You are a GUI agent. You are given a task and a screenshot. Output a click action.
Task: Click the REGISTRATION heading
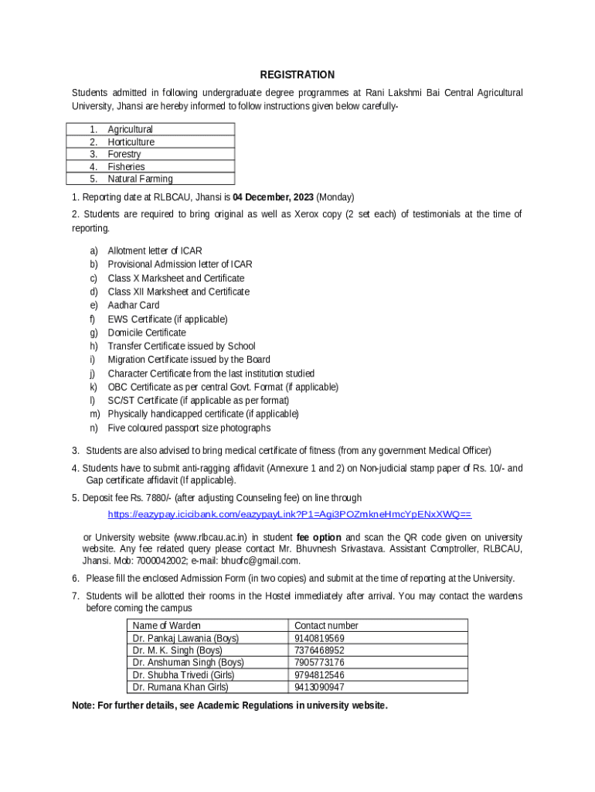pyautogui.click(x=297, y=75)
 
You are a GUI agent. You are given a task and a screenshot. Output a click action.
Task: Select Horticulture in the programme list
pyautogui.click(x=131, y=142)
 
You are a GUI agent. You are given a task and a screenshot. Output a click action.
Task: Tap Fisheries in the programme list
pyautogui.click(x=126, y=167)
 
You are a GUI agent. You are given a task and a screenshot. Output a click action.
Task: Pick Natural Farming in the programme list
pyautogui.click(x=140, y=179)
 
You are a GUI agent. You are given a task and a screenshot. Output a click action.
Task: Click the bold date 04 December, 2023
pyautogui.click(x=273, y=197)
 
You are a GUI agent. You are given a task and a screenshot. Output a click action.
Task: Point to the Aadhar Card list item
pyautogui.click(x=133, y=306)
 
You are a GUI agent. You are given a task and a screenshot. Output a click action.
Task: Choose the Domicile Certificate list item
pyautogui.click(x=146, y=333)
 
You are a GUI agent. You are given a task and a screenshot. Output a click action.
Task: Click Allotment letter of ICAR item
pyautogui.click(x=155, y=251)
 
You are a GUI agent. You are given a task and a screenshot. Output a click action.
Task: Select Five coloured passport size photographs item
pyautogui.click(x=189, y=428)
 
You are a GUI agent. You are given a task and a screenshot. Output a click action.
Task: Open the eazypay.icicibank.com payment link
pyautogui.click(x=289, y=514)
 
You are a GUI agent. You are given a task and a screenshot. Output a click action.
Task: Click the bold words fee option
pyautogui.click(x=318, y=538)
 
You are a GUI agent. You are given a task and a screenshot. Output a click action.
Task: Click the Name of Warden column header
pyautogui.click(x=166, y=626)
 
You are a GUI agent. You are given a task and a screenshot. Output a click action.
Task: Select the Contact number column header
pyautogui.click(x=326, y=626)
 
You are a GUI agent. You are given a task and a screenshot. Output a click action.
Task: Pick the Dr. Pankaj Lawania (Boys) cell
pyautogui.click(x=185, y=638)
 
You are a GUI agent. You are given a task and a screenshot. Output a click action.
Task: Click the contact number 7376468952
pyautogui.click(x=319, y=650)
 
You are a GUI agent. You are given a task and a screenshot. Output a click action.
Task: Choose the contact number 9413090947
pyautogui.click(x=319, y=688)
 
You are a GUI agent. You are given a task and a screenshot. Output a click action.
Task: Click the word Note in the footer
pyautogui.click(x=83, y=706)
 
